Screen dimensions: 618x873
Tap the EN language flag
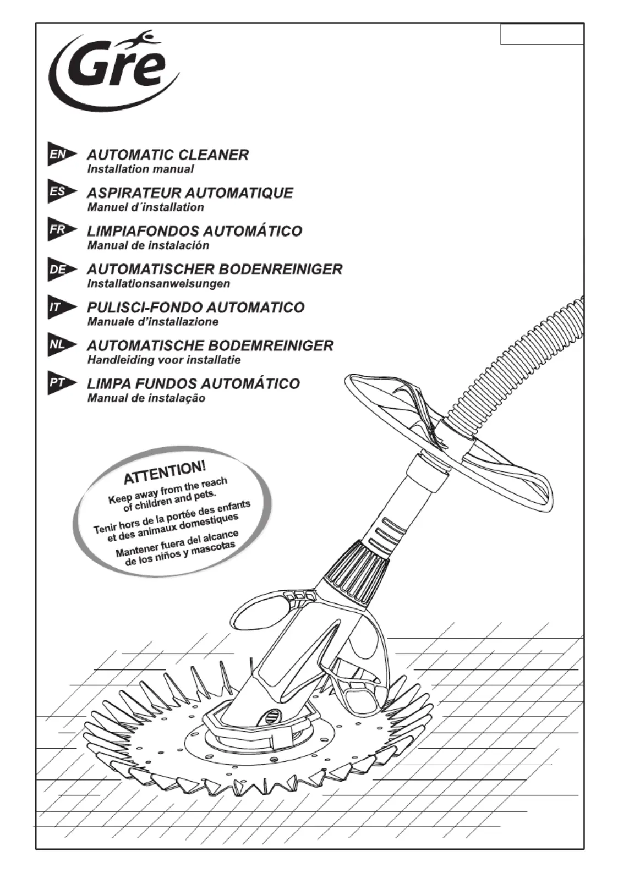pyautogui.click(x=62, y=155)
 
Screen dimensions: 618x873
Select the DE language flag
pyautogui.click(x=62, y=269)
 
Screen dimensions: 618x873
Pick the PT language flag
pyautogui.click(x=62, y=383)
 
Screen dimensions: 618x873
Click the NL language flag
pyautogui.click(x=62, y=345)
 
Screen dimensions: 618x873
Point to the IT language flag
pyautogui.click(x=62, y=307)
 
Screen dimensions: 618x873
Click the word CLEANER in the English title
pyautogui.click(x=214, y=155)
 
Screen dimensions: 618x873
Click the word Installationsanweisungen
pyautogui.click(x=158, y=283)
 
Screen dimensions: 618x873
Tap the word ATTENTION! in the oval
pyautogui.click(x=165, y=472)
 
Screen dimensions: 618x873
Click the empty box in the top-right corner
pyautogui.click(x=542, y=34)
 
